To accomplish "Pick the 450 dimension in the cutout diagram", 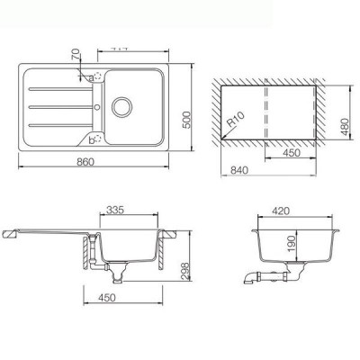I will (x=290, y=152).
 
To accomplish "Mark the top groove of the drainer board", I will (x=59, y=87).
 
